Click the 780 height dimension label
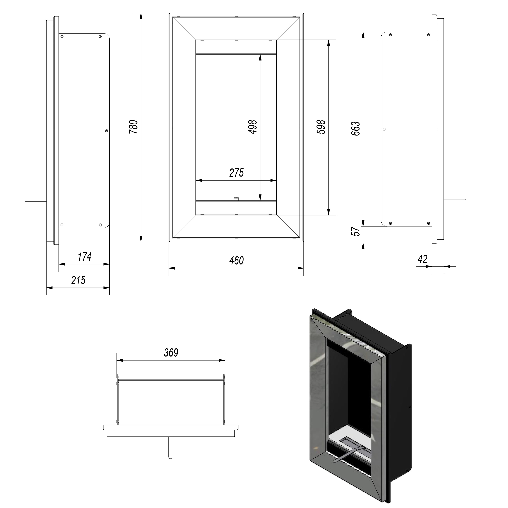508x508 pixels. point(134,127)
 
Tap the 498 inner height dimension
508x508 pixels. point(253,127)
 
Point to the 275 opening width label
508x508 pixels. point(237,173)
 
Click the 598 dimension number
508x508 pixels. point(321,127)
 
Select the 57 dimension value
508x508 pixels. point(357,231)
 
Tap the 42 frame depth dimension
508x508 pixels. point(423,259)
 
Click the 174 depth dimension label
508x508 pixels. point(84,257)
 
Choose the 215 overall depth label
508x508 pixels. point(78,280)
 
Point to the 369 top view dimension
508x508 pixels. point(171,353)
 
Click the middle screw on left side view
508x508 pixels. point(106,131)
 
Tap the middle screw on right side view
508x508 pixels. point(384,129)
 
